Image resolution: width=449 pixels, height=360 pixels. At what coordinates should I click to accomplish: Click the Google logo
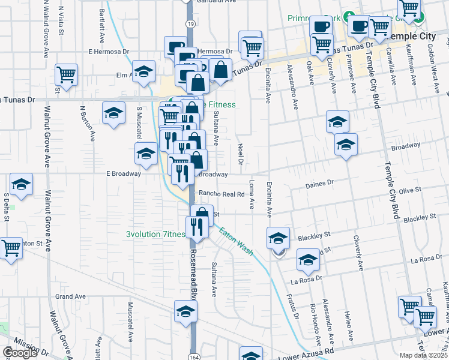[x=20, y=353]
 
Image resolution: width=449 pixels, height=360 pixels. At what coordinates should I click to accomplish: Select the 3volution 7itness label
[x=155, y=235]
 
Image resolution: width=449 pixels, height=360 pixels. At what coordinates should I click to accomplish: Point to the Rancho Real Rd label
[x=221, y=194]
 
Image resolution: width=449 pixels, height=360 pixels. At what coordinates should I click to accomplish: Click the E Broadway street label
[x=123, y=174]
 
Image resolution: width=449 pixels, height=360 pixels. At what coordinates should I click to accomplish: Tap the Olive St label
[x=411, y=190]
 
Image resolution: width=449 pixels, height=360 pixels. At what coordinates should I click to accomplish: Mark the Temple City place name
[x=413, y=36]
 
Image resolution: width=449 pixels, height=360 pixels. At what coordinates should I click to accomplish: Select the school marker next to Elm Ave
[x=143, y=72]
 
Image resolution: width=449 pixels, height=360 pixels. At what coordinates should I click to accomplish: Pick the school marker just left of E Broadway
[x=145, y=155]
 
